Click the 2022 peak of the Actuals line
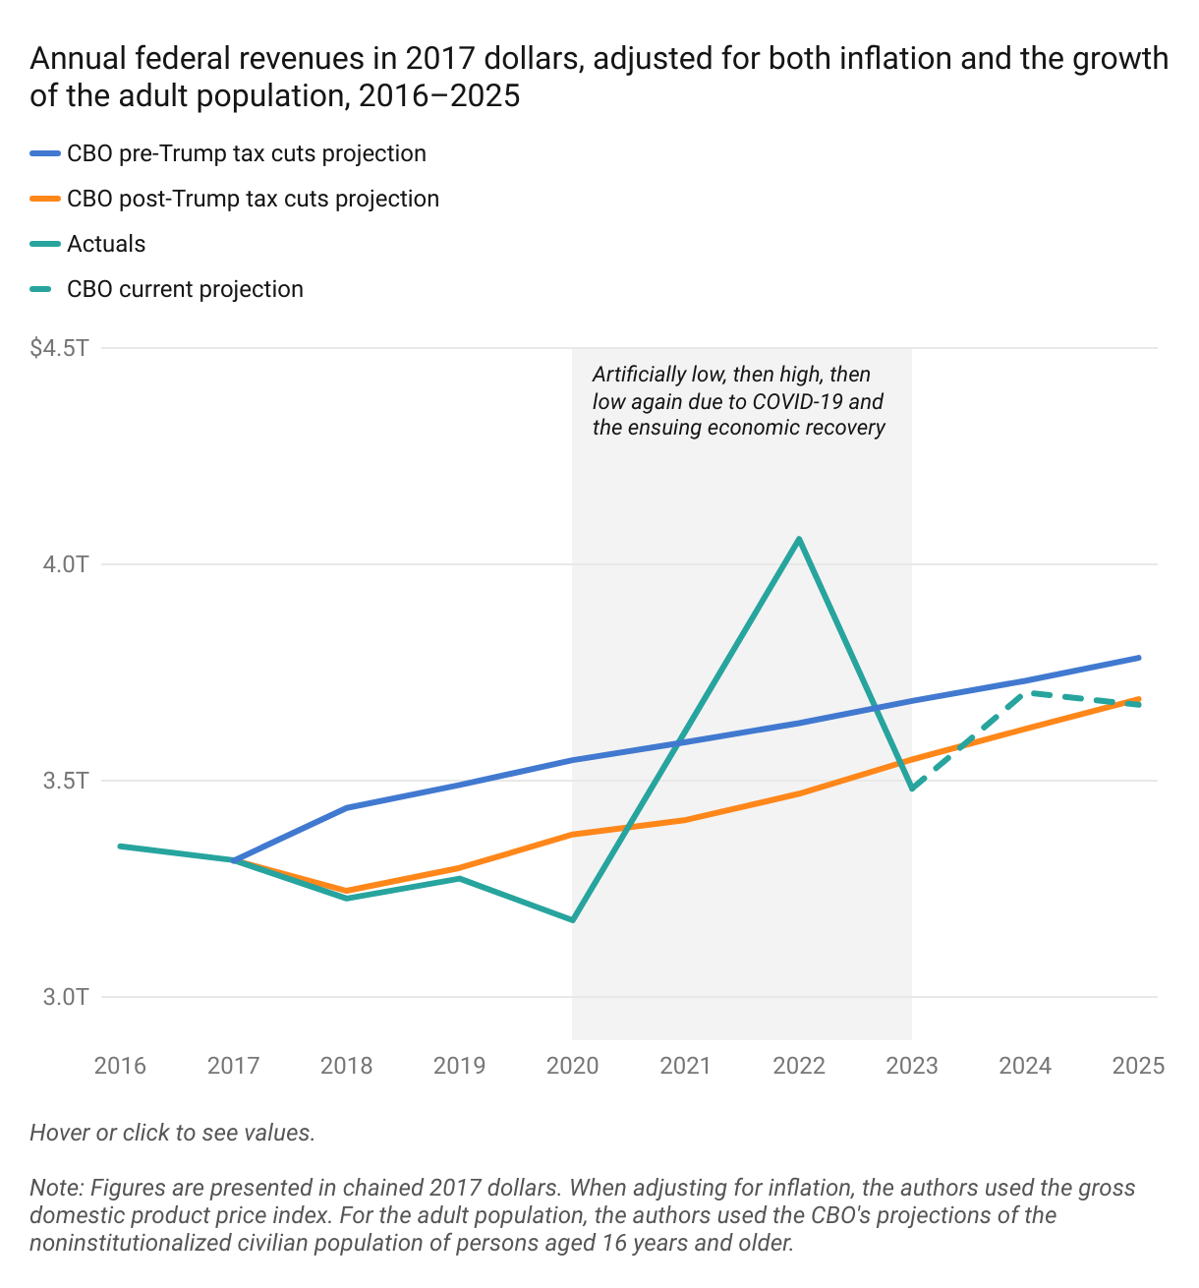(800, 539)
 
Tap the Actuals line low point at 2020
(573, 920)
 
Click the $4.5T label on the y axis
(60, 348)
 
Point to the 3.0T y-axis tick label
(66, 997)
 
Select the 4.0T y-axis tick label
(66, 564)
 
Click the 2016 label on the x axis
(120, 1066)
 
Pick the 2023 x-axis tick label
(912, 1066)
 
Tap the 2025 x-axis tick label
(1138, 1066)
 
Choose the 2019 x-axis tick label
(459, 1066)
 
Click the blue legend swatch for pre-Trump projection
(45, 154)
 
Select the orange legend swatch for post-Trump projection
(45, 200)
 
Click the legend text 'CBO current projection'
(185, 290)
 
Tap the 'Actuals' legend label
(106, 245)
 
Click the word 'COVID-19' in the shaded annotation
(798, 402)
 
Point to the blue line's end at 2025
(1139, 658)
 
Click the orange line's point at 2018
(347, 891)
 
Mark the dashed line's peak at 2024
(1025, 693)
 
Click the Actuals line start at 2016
(120, 846)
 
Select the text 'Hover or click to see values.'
(172, 1133)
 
